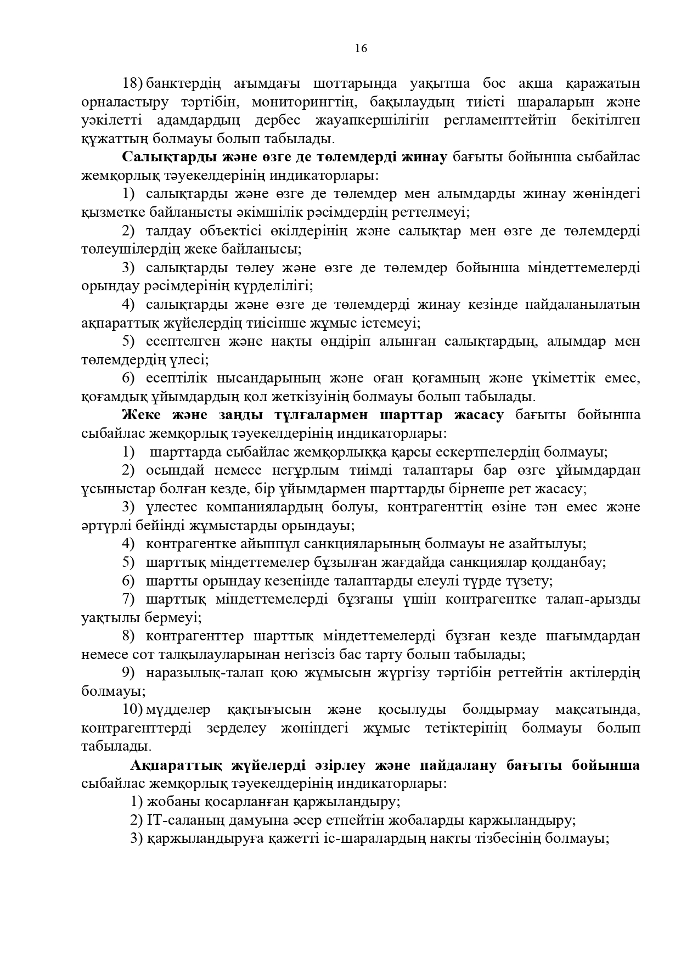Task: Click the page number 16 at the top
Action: pyautogui.click(x=361, y=48)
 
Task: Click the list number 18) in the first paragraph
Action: pyautogui.click(x=133, y=83)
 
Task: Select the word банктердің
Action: pyautogui.click(x=183, y=83)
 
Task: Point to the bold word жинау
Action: pyautogui.click(x=424, y=157)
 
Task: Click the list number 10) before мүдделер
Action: pyautogui.click(x=133, y=709)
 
